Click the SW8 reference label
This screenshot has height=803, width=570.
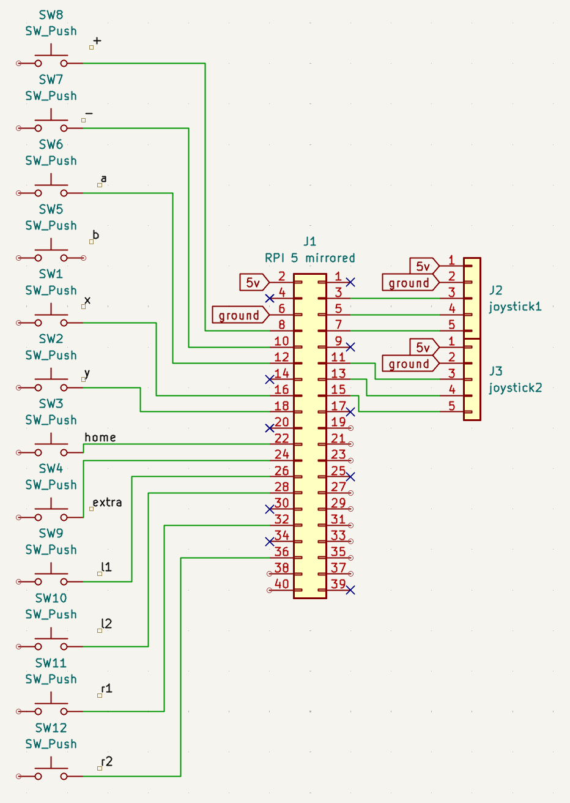[51, 15]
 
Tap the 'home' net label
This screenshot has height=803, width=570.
[100, 437]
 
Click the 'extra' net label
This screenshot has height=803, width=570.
[107, 502]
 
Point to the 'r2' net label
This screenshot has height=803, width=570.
[106, 761]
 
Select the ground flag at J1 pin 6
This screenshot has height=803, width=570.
[240, 315]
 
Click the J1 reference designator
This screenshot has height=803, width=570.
[309, 241]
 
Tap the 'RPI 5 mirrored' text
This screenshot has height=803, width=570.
[309, 258]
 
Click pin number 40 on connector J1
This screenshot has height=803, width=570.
[281, 584]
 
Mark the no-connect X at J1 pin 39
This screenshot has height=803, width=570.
[350, 590]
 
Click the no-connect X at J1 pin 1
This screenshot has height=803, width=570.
[350, 282]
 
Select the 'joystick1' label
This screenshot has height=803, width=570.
[515, 306]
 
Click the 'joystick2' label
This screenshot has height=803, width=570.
[515, 387]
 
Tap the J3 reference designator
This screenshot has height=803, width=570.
[495, 371]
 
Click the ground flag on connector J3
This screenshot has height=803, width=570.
[410, 364]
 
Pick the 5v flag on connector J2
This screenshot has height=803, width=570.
[424, 266]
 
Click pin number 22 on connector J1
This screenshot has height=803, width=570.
[281, 438]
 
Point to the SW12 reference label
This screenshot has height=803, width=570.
[51, 728]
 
